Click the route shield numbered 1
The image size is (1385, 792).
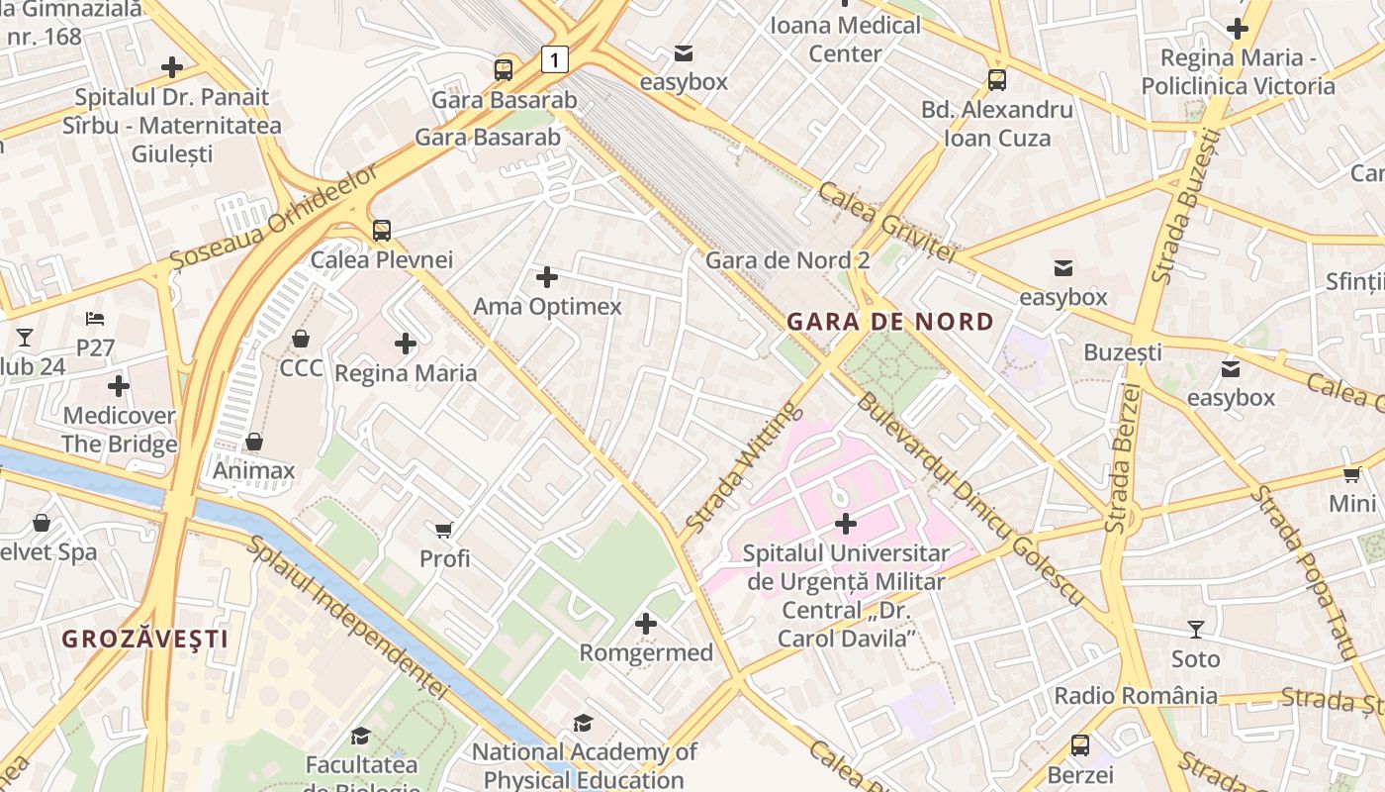pos(555,59)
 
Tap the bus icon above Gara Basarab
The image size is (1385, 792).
pos(504,69)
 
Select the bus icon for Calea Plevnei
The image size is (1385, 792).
pos(382,231)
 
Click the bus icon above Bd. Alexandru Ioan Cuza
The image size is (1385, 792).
pos(996,80)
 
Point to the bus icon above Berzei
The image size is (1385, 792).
pos(1080,745)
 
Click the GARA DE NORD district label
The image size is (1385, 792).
pos(890,322)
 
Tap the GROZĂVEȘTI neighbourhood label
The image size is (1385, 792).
pos(145,639)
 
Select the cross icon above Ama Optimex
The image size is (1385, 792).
pos(546,277)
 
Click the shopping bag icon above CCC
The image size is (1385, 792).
pos(301,339)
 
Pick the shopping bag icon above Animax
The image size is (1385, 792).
pos(254,441)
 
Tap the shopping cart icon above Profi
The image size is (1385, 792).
pos(444,530)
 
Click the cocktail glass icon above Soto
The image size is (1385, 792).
pos(1195,629)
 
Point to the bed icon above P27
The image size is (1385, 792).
pos(95,319)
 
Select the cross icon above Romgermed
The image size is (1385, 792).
pos(646,624)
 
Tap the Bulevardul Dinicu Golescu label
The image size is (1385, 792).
pos(969,500)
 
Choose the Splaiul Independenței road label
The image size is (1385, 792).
pos(346,619)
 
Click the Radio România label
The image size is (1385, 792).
pos(1136,696)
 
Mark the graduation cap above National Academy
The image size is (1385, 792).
pos(584,724)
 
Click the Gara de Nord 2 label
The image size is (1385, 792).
pos(787,260)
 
